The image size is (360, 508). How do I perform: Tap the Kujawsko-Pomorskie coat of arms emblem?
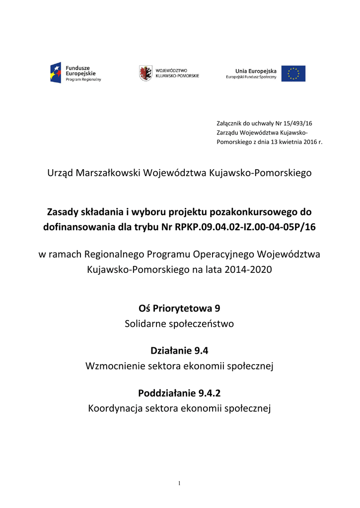coord(145,73)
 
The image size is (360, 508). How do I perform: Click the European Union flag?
coord(293,73)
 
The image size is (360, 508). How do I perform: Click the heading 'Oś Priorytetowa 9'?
coord(179,309)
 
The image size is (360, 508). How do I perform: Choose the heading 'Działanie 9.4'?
coord(179,351)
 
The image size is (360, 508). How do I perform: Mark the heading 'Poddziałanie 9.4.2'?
coord(179,393)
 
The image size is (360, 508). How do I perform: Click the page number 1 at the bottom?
coord(180,484)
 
